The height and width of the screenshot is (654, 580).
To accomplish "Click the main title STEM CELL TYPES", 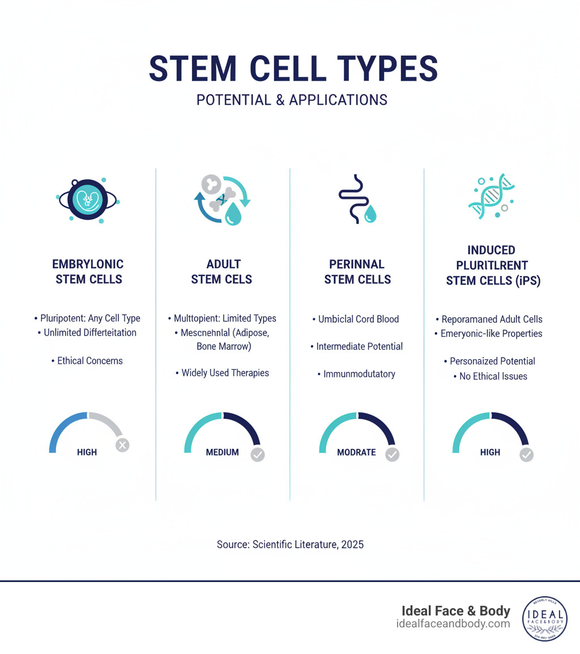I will tap(293, 69).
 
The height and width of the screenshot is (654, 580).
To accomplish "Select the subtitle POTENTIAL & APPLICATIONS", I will tap(292, 100).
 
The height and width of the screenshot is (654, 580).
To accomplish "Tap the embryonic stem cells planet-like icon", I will tap(88, 199).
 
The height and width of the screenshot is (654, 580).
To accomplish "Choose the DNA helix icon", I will tap(491, 196).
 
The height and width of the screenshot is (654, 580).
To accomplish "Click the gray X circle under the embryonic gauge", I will tap(122, 445).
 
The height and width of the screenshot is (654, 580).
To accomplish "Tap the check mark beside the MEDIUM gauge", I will tap(258, 454).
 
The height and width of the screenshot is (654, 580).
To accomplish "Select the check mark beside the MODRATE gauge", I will tap(392, 454).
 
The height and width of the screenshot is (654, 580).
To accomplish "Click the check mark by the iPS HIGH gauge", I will tap(527, 454).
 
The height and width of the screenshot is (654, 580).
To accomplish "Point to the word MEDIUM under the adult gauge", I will tap(222, 452).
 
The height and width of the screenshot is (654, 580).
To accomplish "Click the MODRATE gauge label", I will tap(356, 452).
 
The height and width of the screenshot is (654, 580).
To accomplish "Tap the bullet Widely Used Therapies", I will tap(222, 373).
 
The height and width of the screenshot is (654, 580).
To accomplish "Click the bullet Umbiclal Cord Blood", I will tap(356, 319).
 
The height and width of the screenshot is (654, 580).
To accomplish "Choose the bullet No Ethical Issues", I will tap(491, 376).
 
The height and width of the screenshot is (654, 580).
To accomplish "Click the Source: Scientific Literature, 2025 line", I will tap(290, 545).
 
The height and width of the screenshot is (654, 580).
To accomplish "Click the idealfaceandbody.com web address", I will tap(453, 624).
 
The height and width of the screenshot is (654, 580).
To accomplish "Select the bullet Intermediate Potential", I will tap(356, 346).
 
